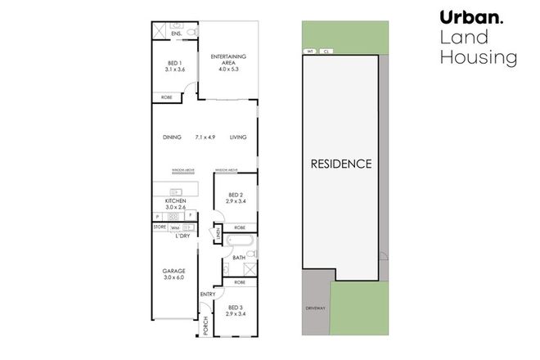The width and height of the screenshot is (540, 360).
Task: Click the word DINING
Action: [x=171, y=137]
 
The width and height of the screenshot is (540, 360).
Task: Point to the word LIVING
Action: [x=237, y=137]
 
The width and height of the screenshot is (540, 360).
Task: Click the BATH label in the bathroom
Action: [x=239, y=258]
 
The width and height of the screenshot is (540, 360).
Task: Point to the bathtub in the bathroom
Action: [x=241, y=243]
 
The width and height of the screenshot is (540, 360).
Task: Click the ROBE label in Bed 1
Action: [x=166, y=97]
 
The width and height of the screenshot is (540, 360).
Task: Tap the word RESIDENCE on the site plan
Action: [x=341, y=164]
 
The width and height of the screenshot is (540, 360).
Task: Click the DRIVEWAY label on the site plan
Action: [x=316, y=309]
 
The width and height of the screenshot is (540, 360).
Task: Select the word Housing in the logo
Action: [x=478, y=57]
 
